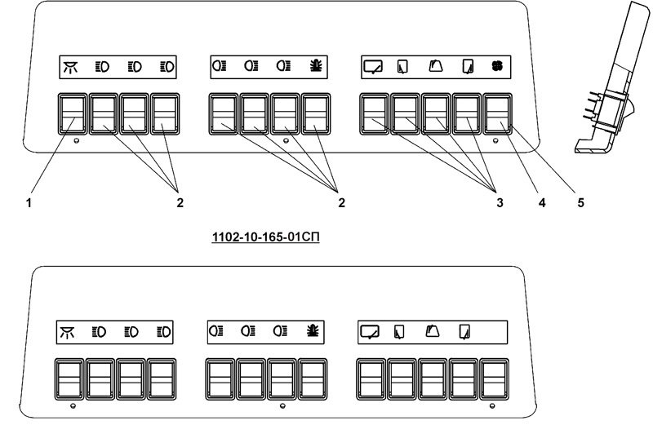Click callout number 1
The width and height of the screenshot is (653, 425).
30,201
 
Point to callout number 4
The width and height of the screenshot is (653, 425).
541,201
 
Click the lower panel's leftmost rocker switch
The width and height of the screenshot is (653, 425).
70,378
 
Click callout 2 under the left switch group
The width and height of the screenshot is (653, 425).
179,201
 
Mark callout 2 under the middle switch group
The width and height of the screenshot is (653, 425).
342,201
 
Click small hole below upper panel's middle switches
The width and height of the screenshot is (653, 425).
285,140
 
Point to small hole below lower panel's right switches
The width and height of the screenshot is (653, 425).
493,405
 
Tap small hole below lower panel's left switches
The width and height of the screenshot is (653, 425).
73,405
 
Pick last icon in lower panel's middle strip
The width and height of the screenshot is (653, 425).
312,332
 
